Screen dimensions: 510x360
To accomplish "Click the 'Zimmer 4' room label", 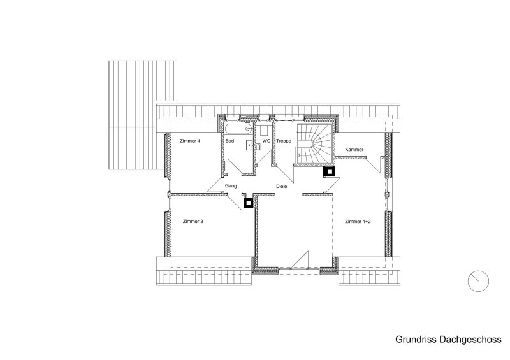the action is tap(190, 141).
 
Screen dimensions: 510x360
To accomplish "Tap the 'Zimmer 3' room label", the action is tap(193, 222).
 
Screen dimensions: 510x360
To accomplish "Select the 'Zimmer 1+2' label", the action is tap(358, 222).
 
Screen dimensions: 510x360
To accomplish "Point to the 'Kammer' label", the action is tap(354, 150).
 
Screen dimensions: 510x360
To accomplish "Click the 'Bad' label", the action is tap(229, 141).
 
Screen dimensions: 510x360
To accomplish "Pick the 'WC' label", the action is tap(266, 141).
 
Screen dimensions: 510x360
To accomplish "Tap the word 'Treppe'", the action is tap(284, 141).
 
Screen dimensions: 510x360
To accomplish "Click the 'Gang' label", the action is tap(231, 186).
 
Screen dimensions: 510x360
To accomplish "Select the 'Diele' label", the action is tap(282, 186).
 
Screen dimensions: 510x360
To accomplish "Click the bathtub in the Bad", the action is tap(238, 129).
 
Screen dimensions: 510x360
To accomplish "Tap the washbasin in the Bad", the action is tap(249, 145).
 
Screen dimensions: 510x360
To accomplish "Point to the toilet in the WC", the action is tap(264, 131).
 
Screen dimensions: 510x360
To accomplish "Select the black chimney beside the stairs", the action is tap(329, 171).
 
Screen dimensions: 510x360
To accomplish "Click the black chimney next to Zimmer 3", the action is tap(248, 203).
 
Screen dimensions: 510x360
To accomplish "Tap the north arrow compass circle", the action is tap(478, 281).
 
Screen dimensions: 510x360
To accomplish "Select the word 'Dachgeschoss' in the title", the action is tap(470, 340).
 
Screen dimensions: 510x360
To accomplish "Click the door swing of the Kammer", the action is tap(374, 165).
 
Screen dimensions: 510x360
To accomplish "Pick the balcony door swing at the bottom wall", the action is tap(299, 260).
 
